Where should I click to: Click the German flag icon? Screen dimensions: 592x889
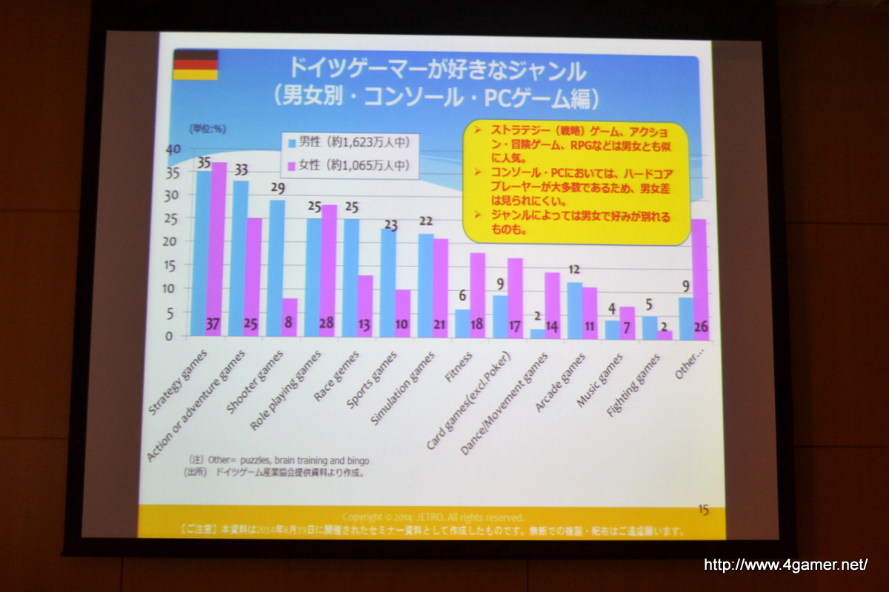click(x=196, y=65)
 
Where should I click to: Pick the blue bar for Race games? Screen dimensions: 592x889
click(x=350, y=277)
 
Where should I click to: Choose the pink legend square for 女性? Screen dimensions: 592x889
click(x=293, y=165)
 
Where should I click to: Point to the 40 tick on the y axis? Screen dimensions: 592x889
click(x=173, y=149)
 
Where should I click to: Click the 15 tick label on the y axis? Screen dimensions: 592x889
click(x=171, y=265)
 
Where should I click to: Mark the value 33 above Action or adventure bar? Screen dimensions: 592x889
click(x=242, y=169)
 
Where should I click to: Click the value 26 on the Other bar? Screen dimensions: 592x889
click(x=700, y=326)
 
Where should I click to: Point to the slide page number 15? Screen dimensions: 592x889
click(x=703, y=510)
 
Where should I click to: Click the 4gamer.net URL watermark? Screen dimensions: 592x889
click(x=785, y=565)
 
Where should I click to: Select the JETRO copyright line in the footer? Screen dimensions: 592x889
click(x=433, y=517)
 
